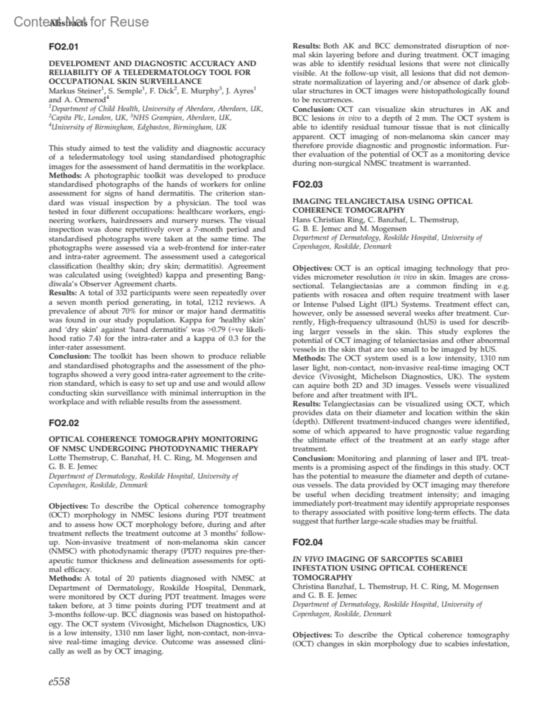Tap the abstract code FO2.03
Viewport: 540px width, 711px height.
307,184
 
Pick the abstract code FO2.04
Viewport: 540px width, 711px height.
307,542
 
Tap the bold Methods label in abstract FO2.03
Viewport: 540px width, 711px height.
309,358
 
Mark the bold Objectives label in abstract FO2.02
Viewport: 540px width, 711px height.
69,506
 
